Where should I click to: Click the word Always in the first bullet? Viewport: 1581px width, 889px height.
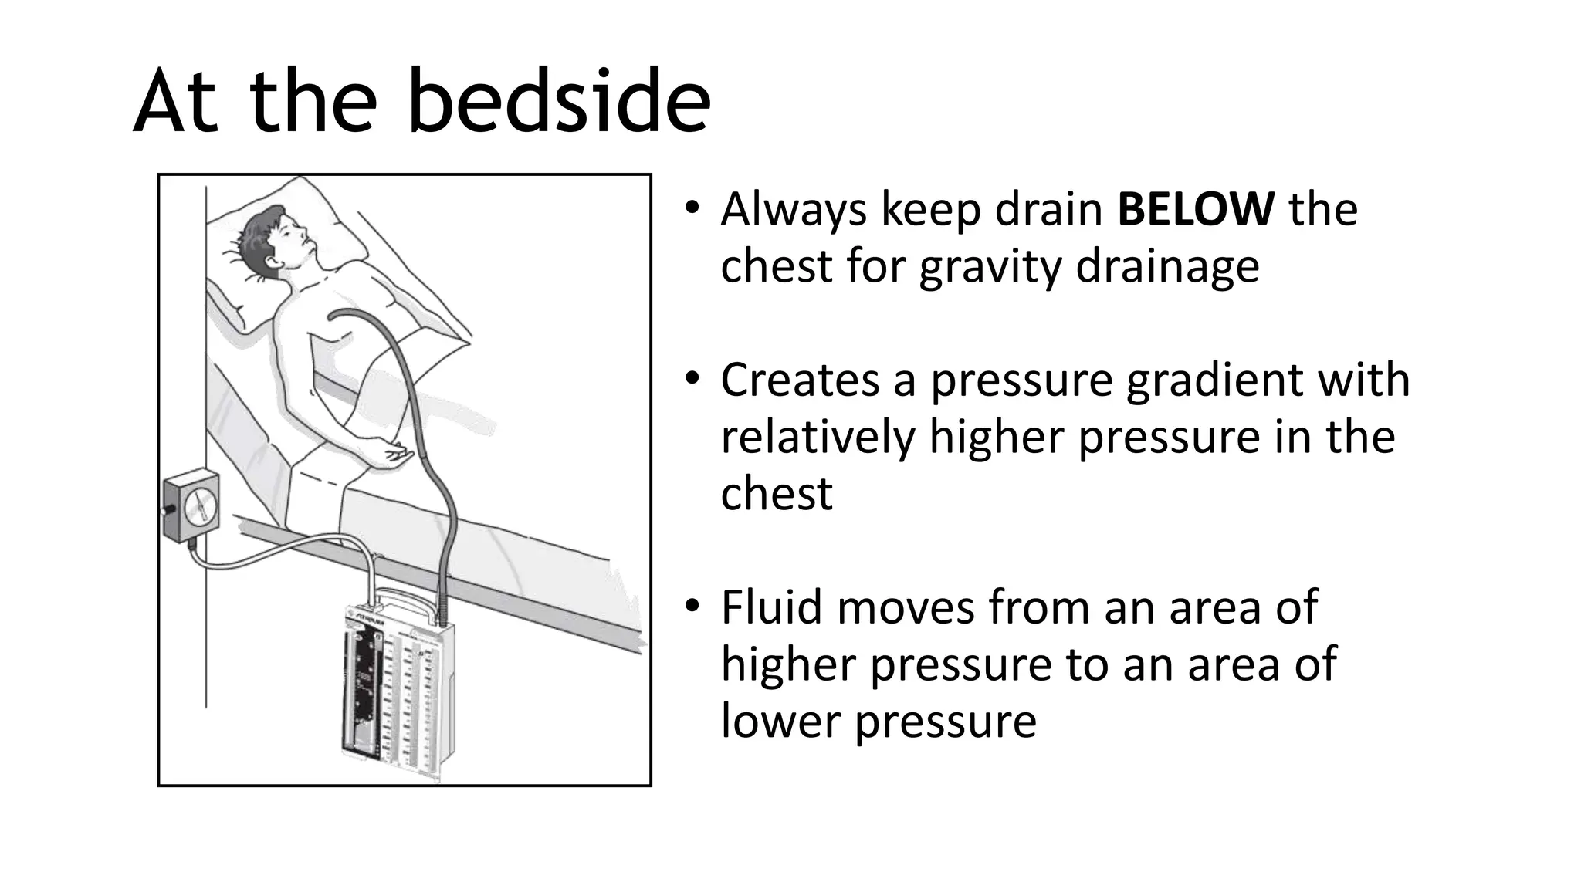click(794, 210)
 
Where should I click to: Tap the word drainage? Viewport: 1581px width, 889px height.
click(1167, 266)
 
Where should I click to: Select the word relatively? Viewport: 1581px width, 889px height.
click(817, 436)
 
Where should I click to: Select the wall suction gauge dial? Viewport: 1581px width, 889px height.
click(200, 506)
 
